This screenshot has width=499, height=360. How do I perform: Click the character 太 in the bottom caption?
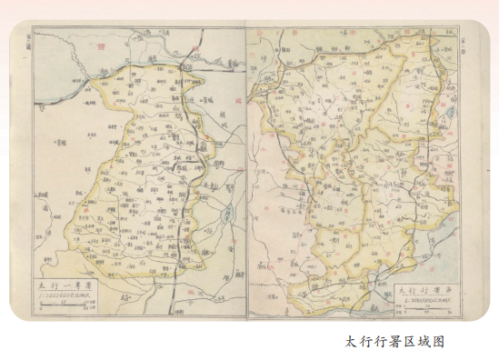352,343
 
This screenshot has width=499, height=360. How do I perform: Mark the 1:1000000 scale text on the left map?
69,296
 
